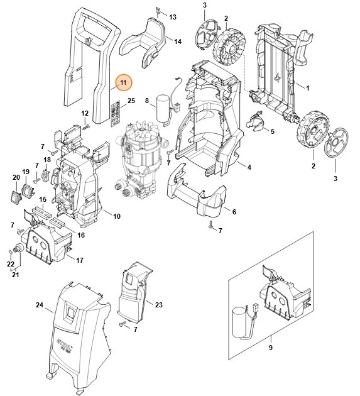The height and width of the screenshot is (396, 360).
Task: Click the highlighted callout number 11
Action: click(x=124, y=82)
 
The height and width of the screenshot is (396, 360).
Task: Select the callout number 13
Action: click(x=173, y=16)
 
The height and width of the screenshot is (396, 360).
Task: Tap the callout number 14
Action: click(x=178, y=41)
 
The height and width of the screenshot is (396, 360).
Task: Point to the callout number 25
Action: click(x=131, y=101)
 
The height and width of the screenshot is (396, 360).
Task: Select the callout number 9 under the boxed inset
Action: click(x=271, y=348)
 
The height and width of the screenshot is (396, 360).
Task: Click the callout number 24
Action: click(x=39, y=305)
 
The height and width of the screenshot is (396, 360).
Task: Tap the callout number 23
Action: click(x=158, y=305)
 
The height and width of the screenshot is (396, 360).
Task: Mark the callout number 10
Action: click(x=116, y=216)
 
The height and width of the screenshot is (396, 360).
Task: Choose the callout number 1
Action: click(x=308, y=86)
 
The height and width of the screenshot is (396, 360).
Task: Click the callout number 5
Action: click(x=272, y=131)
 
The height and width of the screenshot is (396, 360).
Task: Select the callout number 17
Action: click(x=79, y=260)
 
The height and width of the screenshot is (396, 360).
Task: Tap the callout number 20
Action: click(x=16, y=178)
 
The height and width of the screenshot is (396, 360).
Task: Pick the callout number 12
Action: click(x=85, y=113)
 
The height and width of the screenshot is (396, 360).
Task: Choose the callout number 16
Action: click(x=81, y=234)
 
